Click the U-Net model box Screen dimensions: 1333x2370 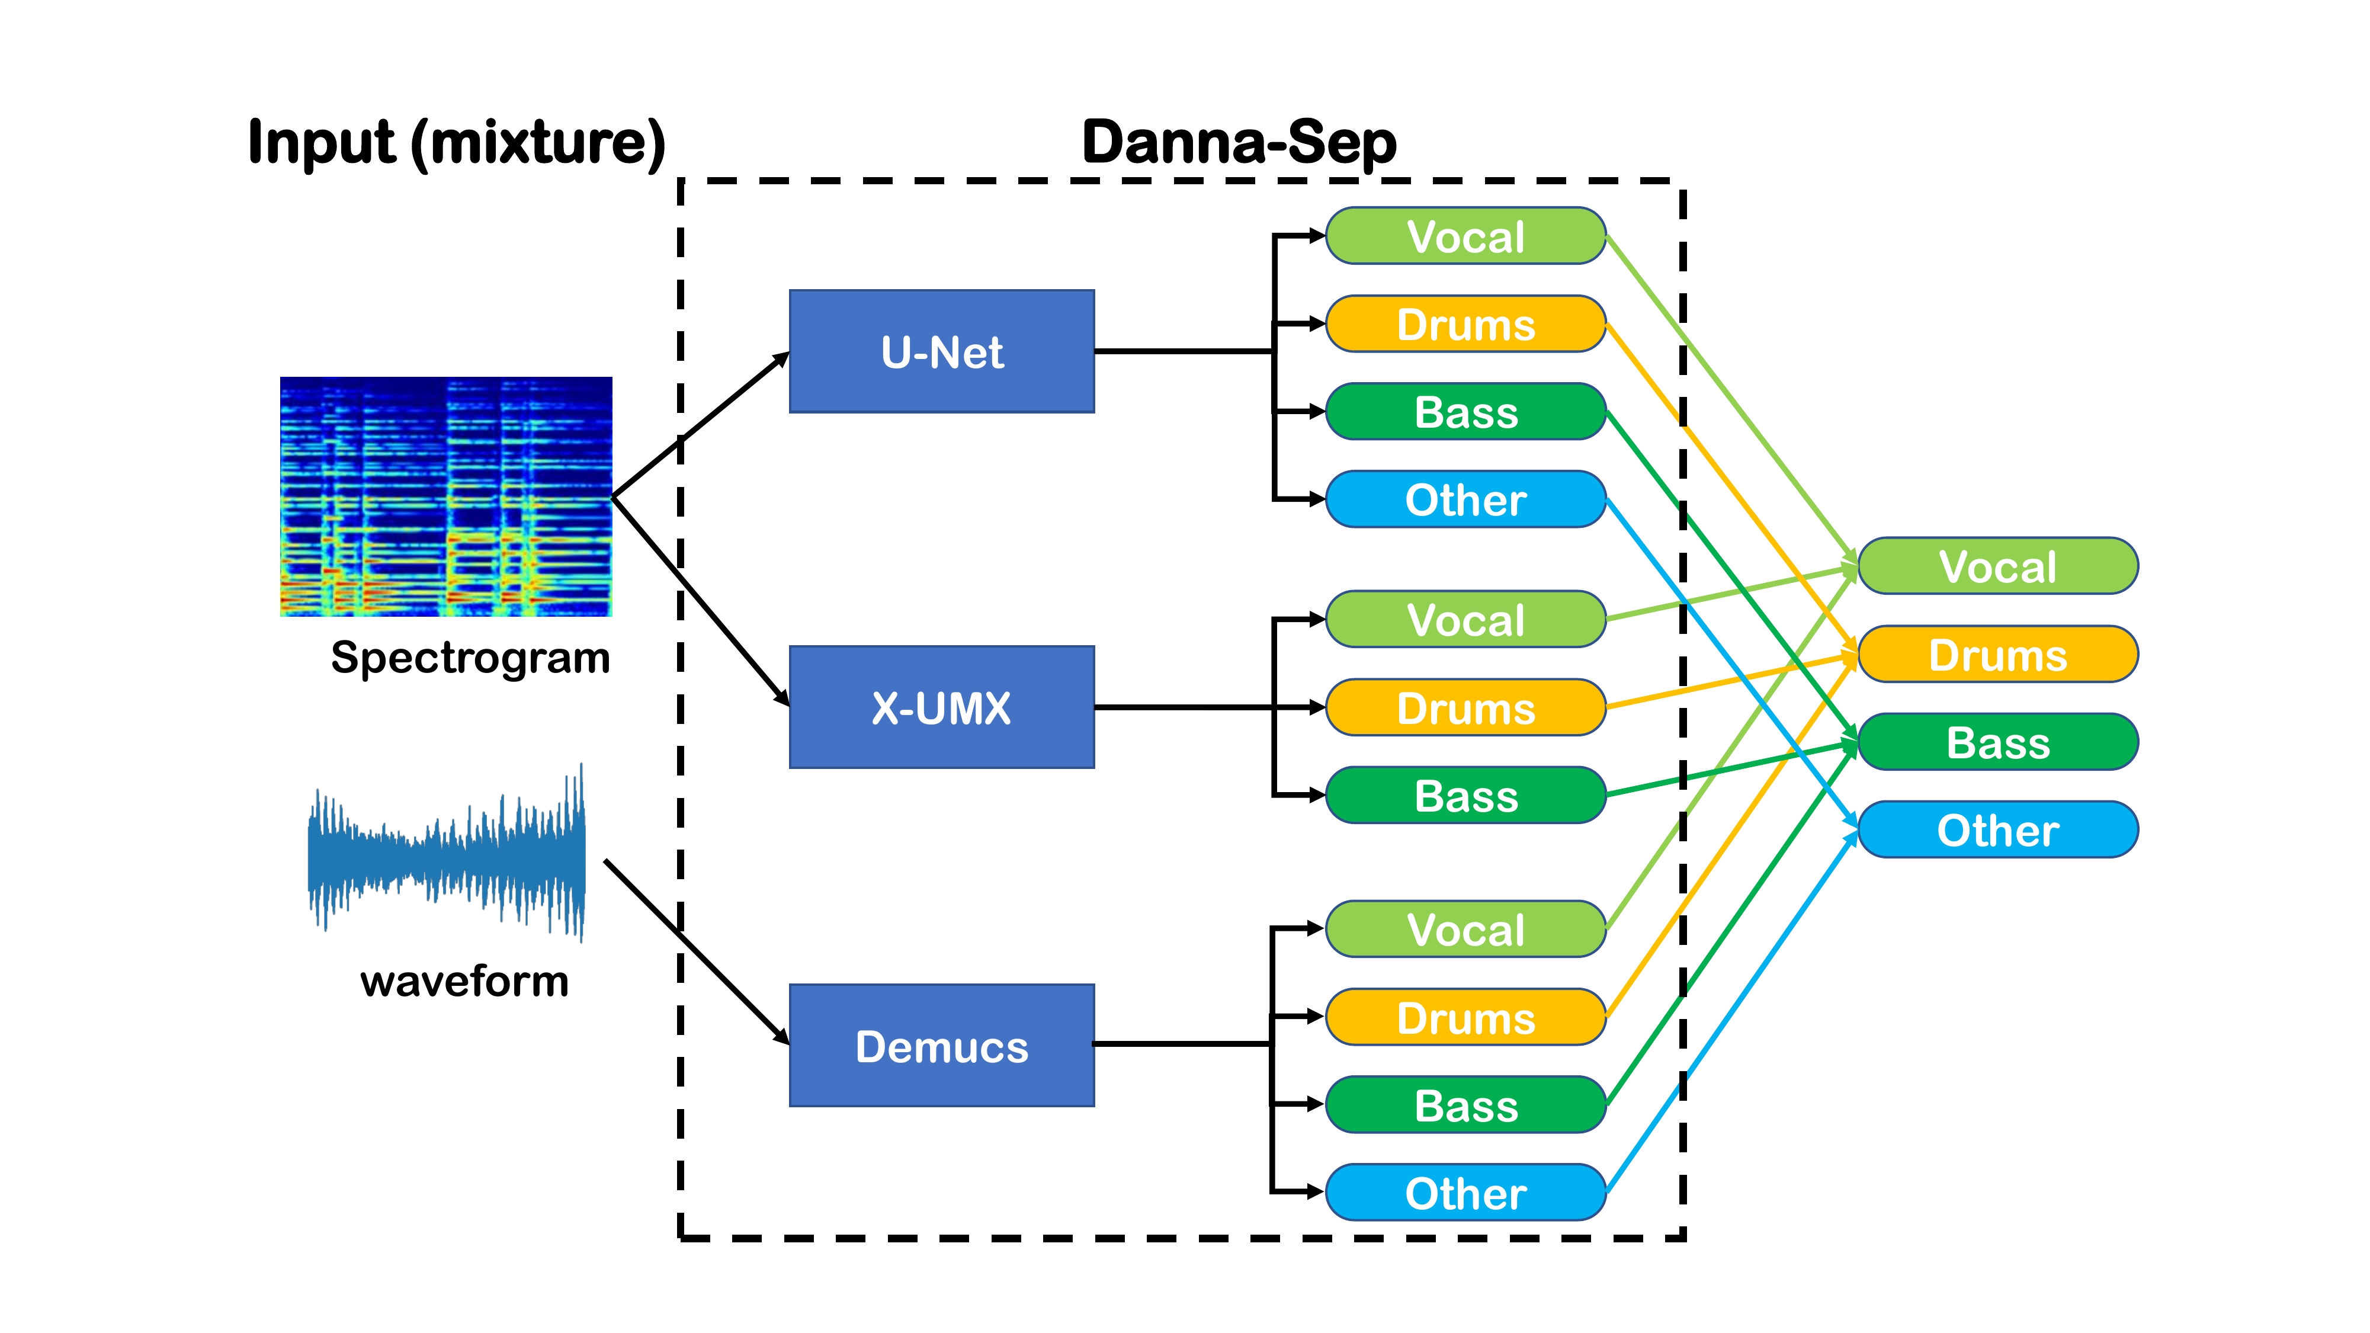tap(941, 351)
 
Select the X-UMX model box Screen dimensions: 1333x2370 tap(941, 707)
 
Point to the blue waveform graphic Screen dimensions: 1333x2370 tap(446, 851)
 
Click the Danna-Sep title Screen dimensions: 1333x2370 tap(1239, 143)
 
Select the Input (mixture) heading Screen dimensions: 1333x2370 tap(456, 143)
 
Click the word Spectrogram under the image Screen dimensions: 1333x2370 tap(470, 658)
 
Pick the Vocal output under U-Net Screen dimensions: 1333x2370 tap(1465, 236)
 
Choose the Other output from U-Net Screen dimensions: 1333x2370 tap(1465, 499)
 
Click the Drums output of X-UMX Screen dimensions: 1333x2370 tap(1465, 707)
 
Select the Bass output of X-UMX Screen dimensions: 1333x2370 tap(1465, 796)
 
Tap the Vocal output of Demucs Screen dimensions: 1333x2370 tap(1465, 929)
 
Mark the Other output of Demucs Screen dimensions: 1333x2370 tap(1465, 1192)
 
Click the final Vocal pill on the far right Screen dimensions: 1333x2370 tap(1997, 566)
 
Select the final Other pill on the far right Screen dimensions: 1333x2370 tap(1997, 830)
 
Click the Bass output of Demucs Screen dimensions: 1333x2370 tap(1465, 1105)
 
